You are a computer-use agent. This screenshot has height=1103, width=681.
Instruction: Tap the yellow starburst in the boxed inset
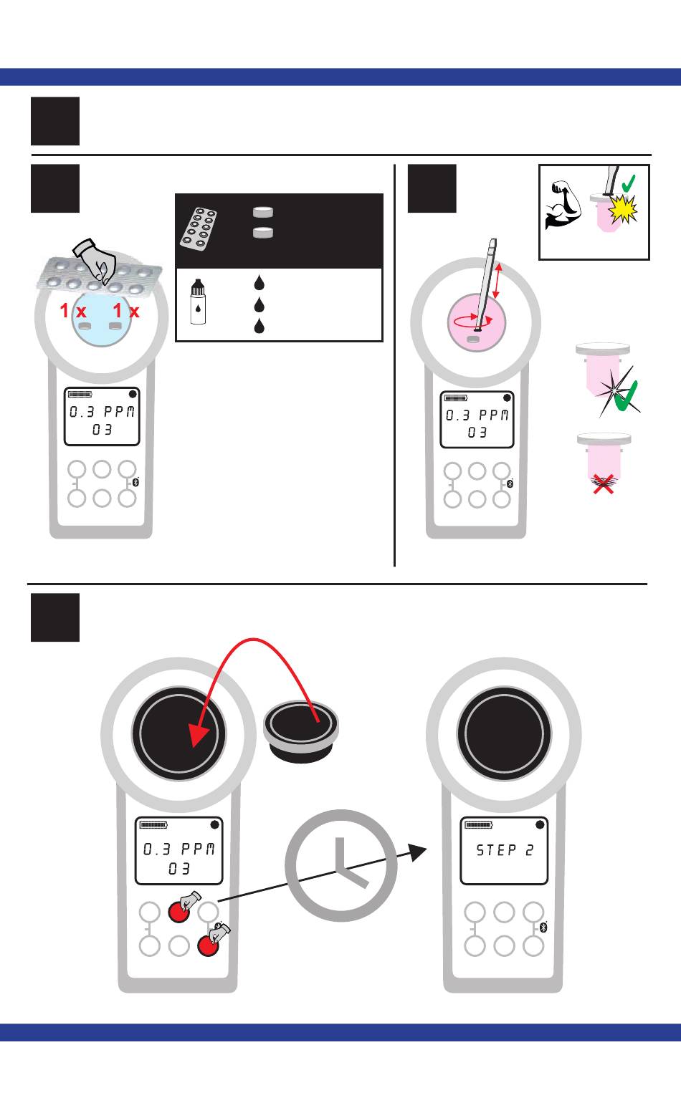[622, 210]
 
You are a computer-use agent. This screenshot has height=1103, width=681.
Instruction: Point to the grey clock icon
[340, 865]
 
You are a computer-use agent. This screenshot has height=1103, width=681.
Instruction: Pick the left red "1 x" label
[72, 312]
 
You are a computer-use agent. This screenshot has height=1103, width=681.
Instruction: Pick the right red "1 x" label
[126, 312]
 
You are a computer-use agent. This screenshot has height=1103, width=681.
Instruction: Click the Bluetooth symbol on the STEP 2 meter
[543, 928]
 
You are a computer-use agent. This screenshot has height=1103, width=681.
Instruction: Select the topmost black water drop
[259, 282]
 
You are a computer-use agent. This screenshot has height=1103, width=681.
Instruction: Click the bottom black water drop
[259, 327]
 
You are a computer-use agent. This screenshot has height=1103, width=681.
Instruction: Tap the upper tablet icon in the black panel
[263, 212]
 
